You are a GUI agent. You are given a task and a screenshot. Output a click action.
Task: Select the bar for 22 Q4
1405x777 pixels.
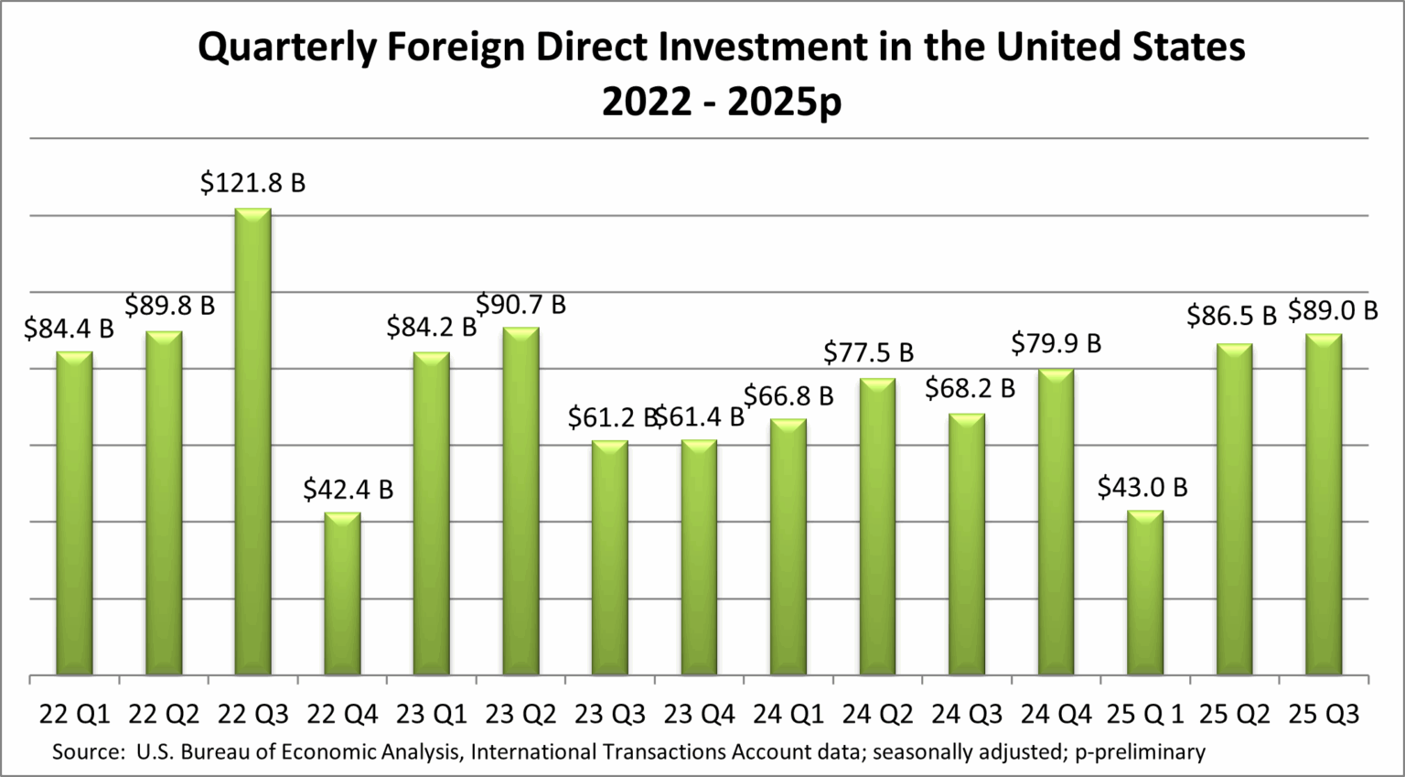[343, 594]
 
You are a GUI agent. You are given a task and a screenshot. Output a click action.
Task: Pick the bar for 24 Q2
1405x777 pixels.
[877, 527]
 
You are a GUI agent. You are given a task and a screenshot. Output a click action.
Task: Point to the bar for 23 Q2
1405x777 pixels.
[521, 502]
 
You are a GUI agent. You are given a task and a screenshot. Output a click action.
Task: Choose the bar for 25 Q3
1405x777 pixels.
[1324, 505]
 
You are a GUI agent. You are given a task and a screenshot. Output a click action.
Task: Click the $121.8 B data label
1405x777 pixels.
[253, 183]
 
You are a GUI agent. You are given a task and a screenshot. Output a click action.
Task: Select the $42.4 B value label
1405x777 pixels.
[349, 490]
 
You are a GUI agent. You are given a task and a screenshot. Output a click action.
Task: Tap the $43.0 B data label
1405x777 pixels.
[1142, 487]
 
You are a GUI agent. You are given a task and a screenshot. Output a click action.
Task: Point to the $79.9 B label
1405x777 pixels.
[1056, 343]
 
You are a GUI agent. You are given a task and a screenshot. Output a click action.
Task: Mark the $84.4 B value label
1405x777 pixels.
[69, 328]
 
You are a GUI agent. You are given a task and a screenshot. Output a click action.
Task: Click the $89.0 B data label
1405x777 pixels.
[1333, 311]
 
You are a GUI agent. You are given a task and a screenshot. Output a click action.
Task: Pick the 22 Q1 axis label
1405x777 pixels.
[74, 714]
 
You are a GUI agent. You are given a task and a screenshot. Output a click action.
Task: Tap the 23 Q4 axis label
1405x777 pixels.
[700, 714]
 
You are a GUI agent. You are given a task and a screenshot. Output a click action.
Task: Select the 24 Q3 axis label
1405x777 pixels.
[968, 714]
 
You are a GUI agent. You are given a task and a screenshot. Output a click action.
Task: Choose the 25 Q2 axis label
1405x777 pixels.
[1235, 714]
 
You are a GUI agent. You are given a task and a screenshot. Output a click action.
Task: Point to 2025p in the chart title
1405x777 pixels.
[784, 103]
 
